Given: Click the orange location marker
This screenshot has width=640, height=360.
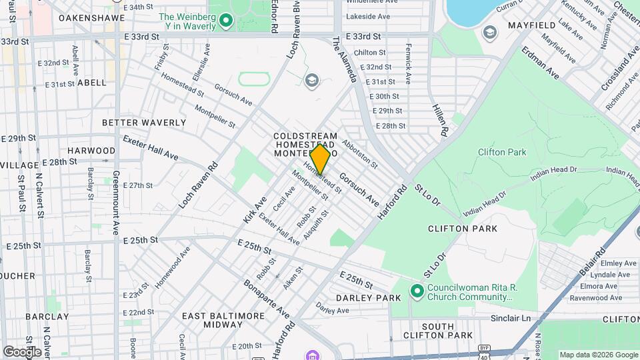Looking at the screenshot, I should [320, 159].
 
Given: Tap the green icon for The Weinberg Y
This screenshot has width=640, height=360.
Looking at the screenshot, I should [225, 21].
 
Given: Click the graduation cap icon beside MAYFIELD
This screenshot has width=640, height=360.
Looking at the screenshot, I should [490, 32].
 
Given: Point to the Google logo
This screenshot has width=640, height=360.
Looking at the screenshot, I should [22, 351].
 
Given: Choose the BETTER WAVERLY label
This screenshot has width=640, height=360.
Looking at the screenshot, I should [144, 123].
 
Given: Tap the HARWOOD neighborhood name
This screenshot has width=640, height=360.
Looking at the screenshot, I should [91, 151].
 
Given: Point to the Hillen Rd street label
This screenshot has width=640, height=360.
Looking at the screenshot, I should [438, 121].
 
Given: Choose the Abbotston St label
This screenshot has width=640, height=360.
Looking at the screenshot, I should [360, 153].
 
